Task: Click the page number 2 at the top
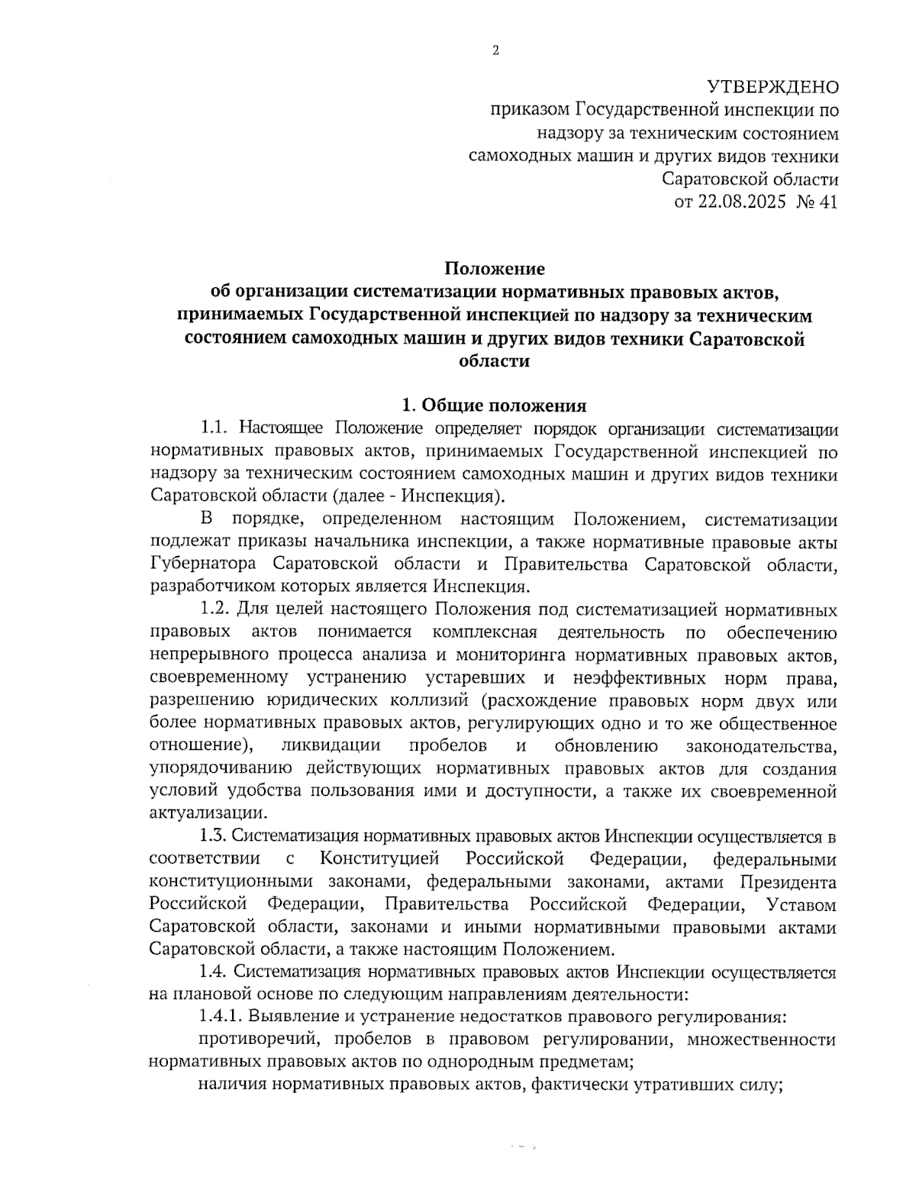(x=495, y=51)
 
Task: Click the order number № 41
(x=818, y=202)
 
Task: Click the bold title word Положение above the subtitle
(x=495, y=269)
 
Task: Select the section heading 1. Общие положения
(x=495, y=405)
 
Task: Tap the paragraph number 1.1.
(x=216, y=428)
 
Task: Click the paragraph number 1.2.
(x=215, y=610)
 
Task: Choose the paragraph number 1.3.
(x=215, y=837)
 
